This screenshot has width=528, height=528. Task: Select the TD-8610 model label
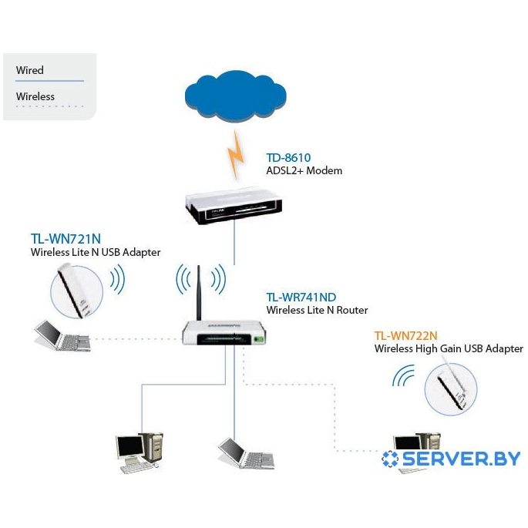coord(288,158)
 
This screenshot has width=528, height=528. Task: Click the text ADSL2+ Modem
coord(304,170)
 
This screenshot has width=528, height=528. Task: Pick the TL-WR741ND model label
coord(301,297)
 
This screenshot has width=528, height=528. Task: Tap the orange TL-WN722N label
coord(406,336)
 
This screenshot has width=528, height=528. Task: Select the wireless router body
coord(227,332)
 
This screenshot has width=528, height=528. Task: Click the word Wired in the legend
coord(30,70)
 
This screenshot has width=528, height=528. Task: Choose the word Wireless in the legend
coord(35,96)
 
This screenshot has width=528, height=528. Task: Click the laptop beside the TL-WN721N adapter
coord(62,336)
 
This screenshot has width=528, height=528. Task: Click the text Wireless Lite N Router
coord(317,310)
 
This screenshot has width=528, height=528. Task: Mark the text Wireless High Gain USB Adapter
coord(449,349)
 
